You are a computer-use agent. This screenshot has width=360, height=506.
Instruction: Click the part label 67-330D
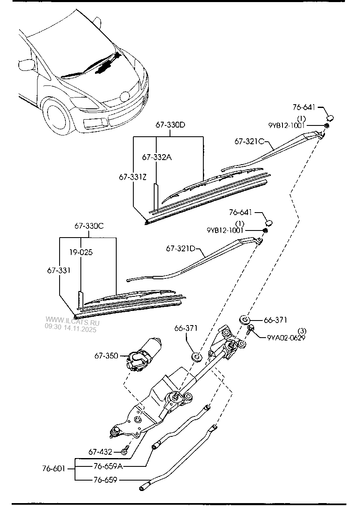170,125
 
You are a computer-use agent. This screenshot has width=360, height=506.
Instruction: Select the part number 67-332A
157,157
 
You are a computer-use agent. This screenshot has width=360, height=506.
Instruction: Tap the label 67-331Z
132,177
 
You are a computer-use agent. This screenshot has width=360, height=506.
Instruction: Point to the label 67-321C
250,141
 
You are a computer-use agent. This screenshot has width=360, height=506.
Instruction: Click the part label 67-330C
89,226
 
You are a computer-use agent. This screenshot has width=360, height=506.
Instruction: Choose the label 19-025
81,252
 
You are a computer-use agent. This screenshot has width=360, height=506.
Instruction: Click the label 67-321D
180,248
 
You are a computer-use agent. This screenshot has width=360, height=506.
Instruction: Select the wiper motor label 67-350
107,356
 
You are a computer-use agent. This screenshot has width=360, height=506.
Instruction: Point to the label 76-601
53,468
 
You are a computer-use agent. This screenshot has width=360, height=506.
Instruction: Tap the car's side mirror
26,65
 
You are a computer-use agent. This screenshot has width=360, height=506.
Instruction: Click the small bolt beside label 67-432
124,451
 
